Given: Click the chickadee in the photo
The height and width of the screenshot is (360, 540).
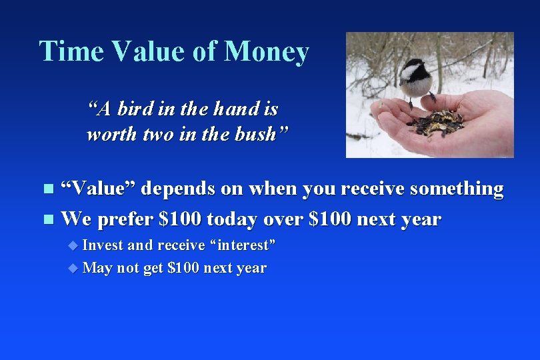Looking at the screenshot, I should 416,78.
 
